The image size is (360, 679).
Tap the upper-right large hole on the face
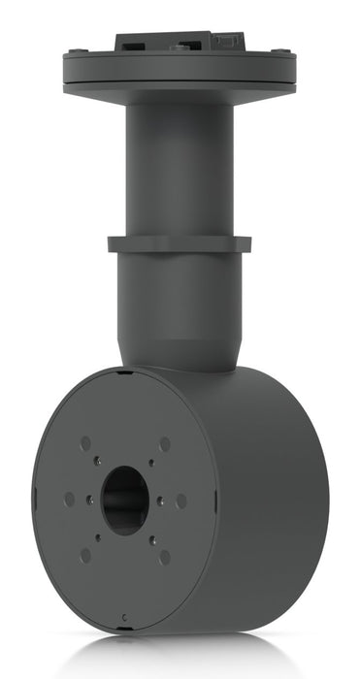[x=164, y=443]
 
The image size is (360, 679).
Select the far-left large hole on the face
[x=70, y=499]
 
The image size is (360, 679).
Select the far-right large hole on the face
[x=181, y=501]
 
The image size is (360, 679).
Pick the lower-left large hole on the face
[x=86, y=554]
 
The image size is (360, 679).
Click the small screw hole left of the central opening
[x=88, y=501]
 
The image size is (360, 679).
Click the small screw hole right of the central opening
[x=161, y=501]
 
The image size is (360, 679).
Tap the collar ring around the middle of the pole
[x=180, y=243]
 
